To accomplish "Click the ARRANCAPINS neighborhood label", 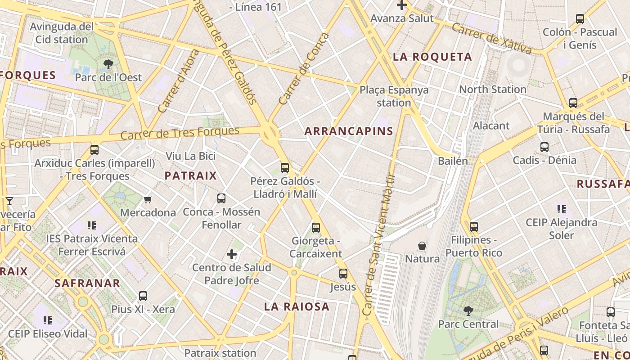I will (x=349, y=131).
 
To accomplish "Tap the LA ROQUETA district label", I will (x=432, y=57).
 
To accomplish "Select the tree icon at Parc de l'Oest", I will (x=108, y=64).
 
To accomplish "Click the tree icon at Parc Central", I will (x=468, y=310).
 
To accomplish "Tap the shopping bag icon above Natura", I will (x=422, y=246).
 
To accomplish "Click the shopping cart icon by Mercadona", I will (x=148, y=199).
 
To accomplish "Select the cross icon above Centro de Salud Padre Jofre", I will (x=232, y=255).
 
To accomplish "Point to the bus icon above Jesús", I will (x=343, y=274).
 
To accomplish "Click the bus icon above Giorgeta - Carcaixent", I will (x=316, y=228).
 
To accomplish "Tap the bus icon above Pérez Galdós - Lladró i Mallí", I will (x=285, y=168).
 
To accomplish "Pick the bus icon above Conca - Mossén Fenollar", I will (x=221, y=198).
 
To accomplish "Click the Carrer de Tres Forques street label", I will (x=180, y=133).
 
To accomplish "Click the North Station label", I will (x=492, y=89).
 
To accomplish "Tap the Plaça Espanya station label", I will (x=394, y=96).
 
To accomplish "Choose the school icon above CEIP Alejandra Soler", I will (x=562, y=209).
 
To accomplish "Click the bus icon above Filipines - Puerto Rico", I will (x=474, y=227).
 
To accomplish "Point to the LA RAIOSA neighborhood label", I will (x=297, y=307).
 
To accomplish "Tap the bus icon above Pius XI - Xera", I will (x=143, y=296).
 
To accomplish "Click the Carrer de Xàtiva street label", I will (x=491, y=38).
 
